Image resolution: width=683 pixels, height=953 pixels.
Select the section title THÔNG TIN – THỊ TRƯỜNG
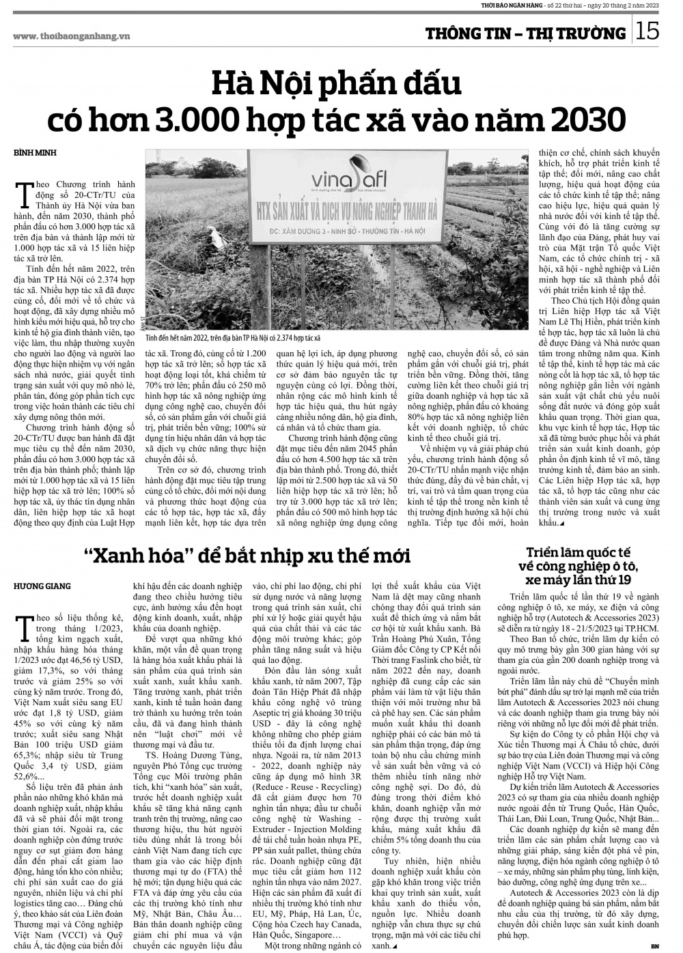525,33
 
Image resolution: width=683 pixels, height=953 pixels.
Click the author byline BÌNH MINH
35,153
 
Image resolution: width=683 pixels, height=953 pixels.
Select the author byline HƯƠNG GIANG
42,586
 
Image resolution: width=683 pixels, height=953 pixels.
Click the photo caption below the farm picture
233,338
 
